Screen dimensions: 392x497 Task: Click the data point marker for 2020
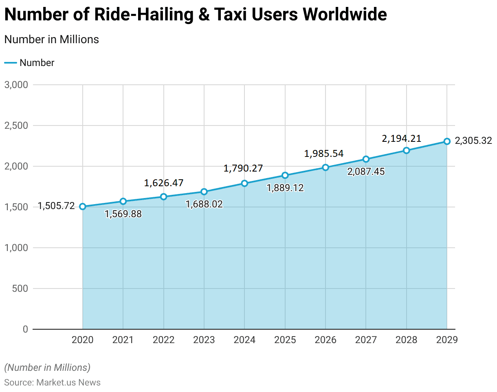83,207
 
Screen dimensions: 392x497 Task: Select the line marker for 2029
447,141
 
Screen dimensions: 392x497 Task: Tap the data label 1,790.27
243,168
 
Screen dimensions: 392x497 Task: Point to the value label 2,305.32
473,141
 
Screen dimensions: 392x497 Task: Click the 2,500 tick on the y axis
16,126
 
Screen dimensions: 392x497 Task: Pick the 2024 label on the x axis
244,340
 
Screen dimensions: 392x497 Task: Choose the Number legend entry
37,63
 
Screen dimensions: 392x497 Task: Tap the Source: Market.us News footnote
52,382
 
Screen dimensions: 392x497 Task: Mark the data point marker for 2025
285,175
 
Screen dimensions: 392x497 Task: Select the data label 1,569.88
123,214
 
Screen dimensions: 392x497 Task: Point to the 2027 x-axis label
366,340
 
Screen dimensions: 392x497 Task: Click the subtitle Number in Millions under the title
51,40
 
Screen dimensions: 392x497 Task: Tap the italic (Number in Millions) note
47,367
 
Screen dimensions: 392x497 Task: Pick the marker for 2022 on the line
163,197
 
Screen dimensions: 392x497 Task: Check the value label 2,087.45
366,172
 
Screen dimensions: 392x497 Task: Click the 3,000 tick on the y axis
16,85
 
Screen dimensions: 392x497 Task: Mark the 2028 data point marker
406,150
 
